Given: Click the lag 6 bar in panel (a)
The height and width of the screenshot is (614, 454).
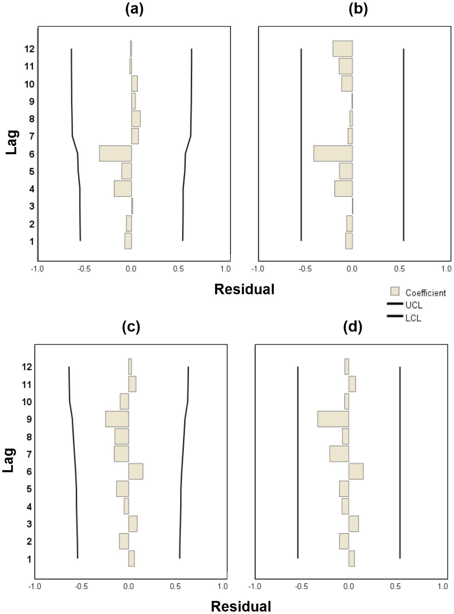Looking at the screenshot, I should [115, 153].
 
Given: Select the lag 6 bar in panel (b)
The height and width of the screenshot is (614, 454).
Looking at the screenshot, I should [333, 153].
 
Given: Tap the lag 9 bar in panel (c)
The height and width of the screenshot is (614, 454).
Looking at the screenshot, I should [117, 419].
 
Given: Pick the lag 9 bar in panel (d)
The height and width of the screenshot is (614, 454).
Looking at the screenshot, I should [333, 419].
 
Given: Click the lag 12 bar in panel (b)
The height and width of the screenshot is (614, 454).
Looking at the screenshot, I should [343, 49].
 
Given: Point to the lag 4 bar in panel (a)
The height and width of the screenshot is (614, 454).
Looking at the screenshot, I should [123, 189].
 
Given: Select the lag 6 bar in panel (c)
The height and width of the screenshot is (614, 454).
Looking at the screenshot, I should [136, 471].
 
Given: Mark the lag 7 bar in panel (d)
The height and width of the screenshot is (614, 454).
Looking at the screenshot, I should [339, 454].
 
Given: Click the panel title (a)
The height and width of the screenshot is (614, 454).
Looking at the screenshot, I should [134, 10].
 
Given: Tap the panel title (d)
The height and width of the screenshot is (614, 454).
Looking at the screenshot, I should [352, 327].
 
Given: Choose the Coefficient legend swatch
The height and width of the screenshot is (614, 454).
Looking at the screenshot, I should [395, 292].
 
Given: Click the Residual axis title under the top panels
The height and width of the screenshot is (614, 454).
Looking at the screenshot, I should [244, 289].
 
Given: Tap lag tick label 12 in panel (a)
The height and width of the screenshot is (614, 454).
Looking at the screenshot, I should [30, 49].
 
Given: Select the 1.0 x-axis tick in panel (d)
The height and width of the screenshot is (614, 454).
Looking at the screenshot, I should [443, 586].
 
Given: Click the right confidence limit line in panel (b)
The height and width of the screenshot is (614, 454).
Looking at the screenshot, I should [403, 146].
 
